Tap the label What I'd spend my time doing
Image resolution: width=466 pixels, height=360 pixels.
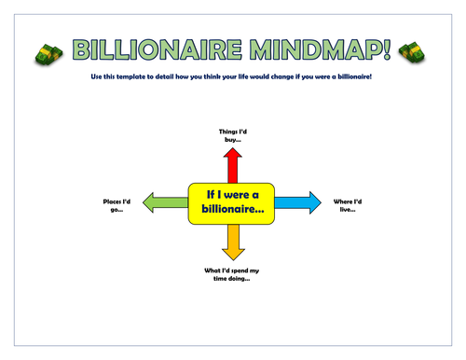click(232, 273)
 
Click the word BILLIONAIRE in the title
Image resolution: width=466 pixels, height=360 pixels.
click(158, 50)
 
